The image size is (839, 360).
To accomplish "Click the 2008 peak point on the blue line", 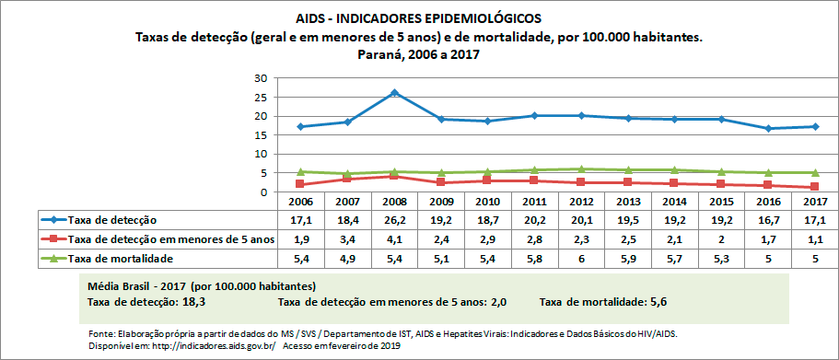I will pyautogui.click(x=394, y=93).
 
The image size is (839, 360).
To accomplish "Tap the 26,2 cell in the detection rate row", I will pyautogui.click(x=394, y=220).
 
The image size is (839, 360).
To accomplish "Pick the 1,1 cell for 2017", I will pyautogui.click(x=812, y=239).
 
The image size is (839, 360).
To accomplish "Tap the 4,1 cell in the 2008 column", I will pyautogui.click(x=394, y=239).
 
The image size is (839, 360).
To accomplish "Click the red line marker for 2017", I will pyautogui.click(x=812, y=187).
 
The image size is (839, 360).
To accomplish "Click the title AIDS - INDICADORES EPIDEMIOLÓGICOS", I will pyautogui.click(x=419, y=18).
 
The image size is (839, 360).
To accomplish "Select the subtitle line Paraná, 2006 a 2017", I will pyautogui.click(x=419, y=54).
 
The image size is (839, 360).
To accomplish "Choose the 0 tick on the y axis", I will pyautogui.click(x=263, y=192).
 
